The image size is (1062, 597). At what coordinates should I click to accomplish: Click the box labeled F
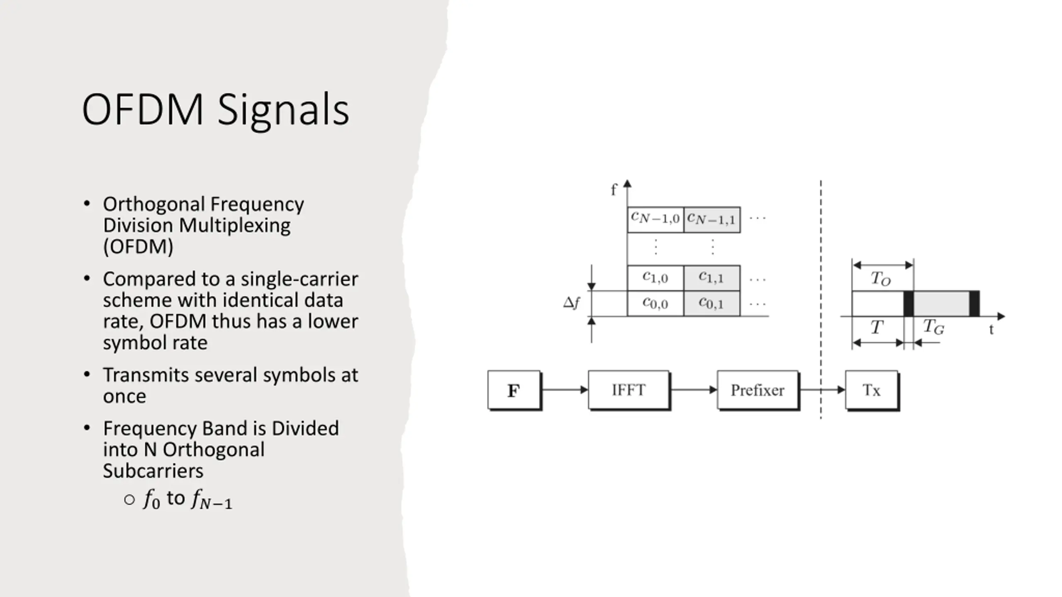point(514,390)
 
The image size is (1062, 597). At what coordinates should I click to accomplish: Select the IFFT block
point(628,390)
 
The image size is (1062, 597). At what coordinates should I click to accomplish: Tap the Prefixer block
point(758,390)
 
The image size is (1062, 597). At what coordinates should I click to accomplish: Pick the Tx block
point(872,390)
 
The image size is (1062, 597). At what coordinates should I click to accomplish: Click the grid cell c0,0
point(655,303)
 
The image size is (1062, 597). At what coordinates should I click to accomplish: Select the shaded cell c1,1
point(711,278)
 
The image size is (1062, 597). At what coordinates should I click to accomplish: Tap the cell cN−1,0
point(655,219)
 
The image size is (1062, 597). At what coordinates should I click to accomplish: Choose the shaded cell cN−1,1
point(711,219)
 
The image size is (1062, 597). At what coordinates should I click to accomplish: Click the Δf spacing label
point(571,303)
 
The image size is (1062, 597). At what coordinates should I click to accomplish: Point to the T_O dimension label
point(880,279)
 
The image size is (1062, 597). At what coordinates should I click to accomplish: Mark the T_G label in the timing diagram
point(933,327)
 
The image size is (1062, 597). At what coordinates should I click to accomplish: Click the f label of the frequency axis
point(614,190)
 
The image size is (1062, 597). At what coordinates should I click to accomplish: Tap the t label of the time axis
point(991,330)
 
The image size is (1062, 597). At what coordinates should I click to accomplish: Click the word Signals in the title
point(283,110)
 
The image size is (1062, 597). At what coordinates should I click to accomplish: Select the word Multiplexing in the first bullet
point(234,226)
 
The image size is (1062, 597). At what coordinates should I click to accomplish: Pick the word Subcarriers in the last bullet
point(153,471)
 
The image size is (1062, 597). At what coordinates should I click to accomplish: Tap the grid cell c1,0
point(655,278)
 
